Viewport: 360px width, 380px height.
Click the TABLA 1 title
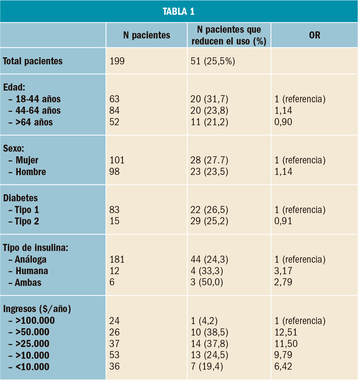point(179,11)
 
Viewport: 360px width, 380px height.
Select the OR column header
point(314,35)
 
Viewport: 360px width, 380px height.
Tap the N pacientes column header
point(147,35)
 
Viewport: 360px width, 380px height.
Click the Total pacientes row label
point(33,61)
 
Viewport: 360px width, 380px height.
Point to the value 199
point(117,61)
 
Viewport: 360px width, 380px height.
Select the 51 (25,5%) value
point(213,61)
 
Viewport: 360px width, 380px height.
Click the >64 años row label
point(34,122)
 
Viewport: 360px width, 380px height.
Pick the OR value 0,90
point(283,122)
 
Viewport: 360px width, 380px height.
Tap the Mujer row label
point(27,160)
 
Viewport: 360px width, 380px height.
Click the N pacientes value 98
point(114,172)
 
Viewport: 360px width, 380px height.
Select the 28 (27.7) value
point(209,160)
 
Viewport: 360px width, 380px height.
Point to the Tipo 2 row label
point(27,221)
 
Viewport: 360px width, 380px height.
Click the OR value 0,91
point(283,221)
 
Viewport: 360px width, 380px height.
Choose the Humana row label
point(32,271)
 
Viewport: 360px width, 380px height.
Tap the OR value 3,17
point(283,271)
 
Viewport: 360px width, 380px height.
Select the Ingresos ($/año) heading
point(37,309)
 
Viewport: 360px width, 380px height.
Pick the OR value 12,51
point(286,332)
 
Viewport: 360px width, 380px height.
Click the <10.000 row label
point(32,367)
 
